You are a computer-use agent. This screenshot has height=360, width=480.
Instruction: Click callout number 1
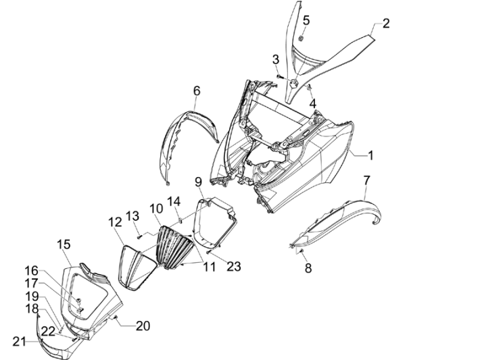coord(370,155)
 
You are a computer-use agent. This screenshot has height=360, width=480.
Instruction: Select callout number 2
coord(386,24)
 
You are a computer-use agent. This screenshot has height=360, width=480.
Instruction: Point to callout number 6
coord(197,90)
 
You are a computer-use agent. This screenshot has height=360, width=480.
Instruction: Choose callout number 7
coord(366,180)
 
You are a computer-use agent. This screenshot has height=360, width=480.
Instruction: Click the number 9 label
coord(199,182)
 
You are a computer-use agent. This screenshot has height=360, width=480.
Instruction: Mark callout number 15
coord(63,244)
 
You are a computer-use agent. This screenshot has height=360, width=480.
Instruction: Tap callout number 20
coord(142,326)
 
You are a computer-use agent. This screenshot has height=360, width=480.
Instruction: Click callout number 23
coord(234,267)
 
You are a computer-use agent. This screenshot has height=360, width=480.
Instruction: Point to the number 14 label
coord(174,201)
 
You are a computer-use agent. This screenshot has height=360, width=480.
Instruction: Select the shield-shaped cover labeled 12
coord(140,267)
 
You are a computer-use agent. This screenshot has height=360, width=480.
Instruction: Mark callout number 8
coord(308,267)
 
